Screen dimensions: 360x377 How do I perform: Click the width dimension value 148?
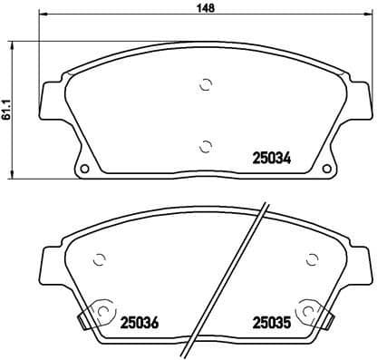point(207,12)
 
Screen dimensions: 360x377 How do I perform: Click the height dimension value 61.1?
point(8,111)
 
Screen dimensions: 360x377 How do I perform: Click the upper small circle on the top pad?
point(206,86)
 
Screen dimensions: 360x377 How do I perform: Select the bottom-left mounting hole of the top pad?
point(84,169)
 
